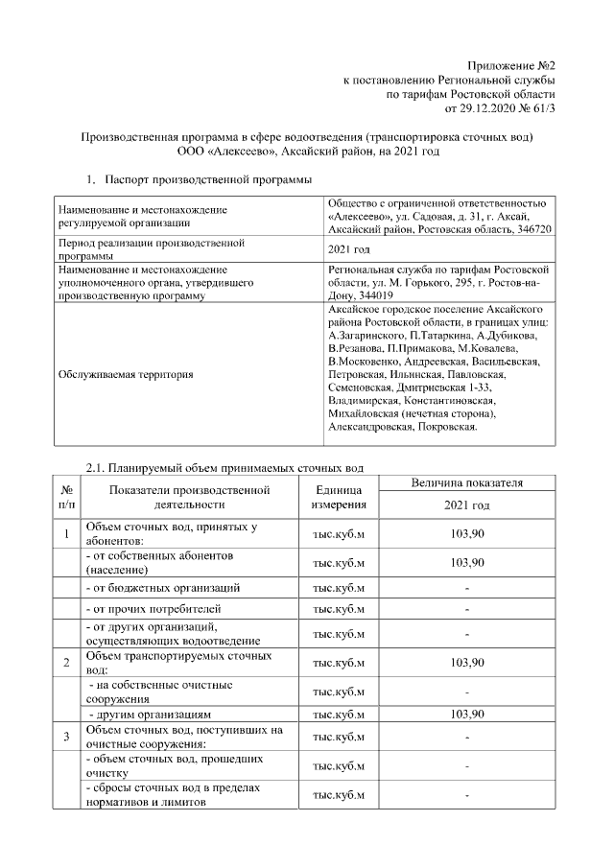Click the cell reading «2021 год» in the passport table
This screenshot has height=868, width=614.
click(349, 250)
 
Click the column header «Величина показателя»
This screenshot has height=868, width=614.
click(466, 483)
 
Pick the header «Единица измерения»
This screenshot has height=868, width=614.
click(339, 497)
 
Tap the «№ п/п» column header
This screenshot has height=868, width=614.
click(66, 497)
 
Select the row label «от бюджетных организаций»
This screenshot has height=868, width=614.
click(162, 587)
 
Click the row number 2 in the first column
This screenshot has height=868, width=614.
click(66, 663)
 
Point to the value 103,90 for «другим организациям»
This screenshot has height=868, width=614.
click(466, 715)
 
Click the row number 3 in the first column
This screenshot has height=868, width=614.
click(66, 737)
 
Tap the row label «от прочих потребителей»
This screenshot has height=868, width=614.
click(153, 609)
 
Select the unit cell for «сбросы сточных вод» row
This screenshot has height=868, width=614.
click(339, 795)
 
